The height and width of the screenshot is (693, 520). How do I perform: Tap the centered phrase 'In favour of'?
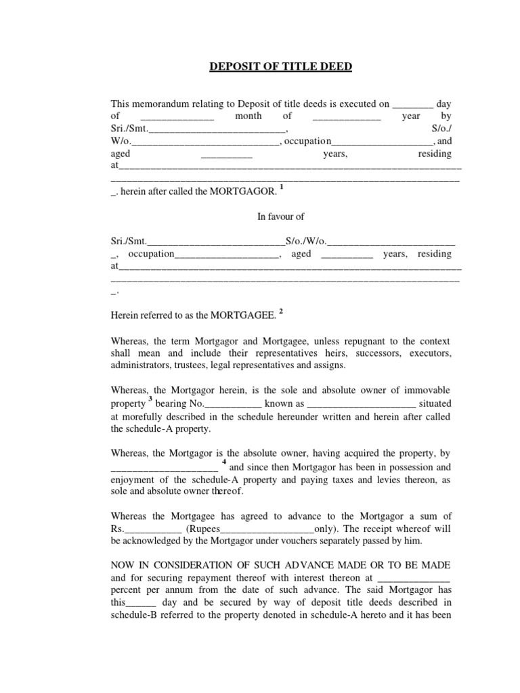tap(280, 217)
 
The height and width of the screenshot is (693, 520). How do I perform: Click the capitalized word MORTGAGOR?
tap(242, 192)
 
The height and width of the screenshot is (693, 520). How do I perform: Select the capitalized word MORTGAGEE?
tap(242, 315)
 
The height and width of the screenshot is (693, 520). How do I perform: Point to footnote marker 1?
tap(281, 187)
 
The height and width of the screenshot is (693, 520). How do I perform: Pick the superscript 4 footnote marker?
tap(223, 462)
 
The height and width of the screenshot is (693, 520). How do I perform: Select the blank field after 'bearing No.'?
tap(223, 403)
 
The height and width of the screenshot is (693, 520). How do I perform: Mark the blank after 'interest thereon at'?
tap(412, 579)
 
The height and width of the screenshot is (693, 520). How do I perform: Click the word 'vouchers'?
tap(288, 541)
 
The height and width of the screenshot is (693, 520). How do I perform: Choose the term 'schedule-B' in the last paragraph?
tap(133, 615)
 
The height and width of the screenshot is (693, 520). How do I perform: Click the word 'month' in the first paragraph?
tap(248, 116)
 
